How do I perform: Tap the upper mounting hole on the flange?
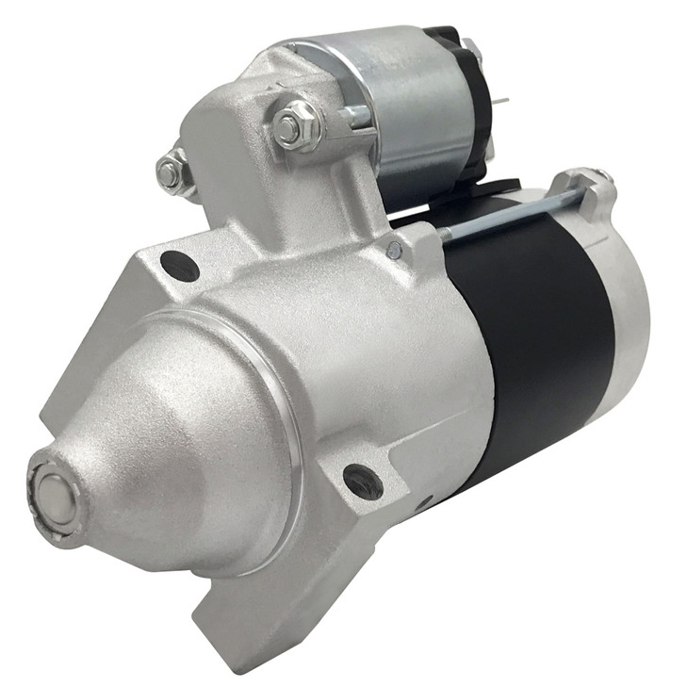(x=179, y=267)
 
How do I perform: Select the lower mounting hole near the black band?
(x=363, y=481)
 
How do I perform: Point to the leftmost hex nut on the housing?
(x=171, y=172)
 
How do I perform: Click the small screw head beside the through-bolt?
(x=395, y=250)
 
